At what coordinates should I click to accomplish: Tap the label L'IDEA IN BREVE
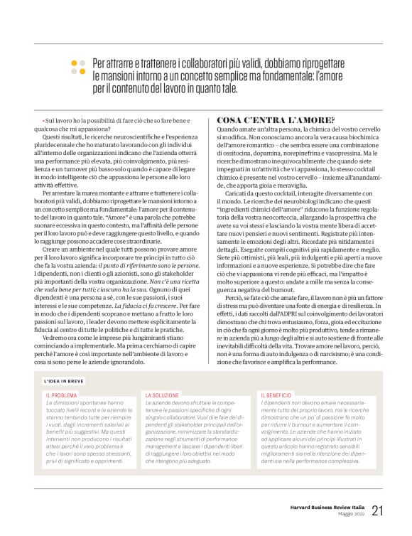pyautogui.click(x=65, y=380)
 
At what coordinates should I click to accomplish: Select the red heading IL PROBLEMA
pyautogui.click(x=61, y=395)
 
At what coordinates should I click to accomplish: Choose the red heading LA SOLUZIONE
pyautogui.click(x=161, y=395)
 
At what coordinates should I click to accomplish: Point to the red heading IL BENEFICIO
pyautogui.click(x=276, y=395)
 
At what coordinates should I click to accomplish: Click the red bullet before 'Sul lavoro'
pyautogui.click(x=43, y=122)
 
